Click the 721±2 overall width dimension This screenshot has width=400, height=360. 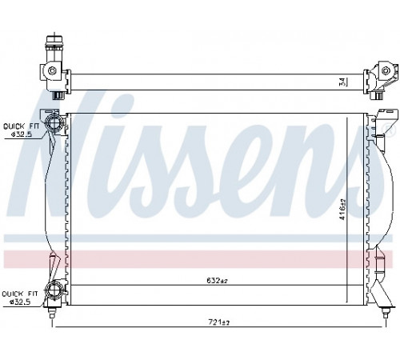218,322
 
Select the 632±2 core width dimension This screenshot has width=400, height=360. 217,281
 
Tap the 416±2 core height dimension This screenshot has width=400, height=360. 342,210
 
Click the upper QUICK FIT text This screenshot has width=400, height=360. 21,126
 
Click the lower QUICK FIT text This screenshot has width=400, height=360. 20,294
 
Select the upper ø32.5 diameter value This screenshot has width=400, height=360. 21,134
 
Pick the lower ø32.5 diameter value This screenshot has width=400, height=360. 20,302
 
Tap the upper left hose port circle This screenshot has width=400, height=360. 54,122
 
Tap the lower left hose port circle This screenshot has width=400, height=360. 54,290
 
